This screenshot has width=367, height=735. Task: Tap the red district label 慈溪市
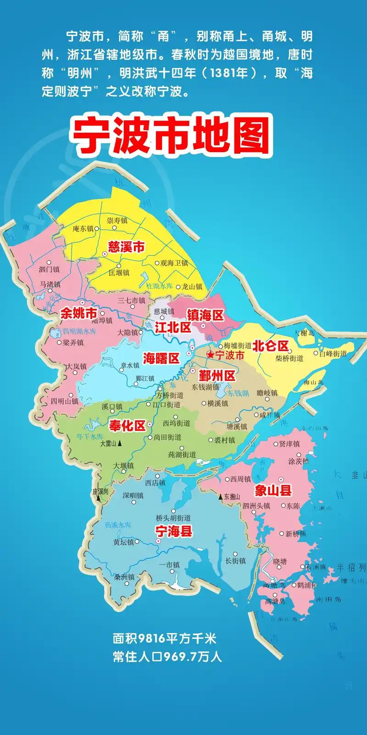coord(126,247)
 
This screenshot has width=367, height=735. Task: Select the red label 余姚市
coord(78,313)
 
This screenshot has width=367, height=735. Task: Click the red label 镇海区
coord(205,315)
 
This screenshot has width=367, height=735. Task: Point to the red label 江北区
coord(172,328)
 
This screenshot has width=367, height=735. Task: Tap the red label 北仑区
coord(271,345)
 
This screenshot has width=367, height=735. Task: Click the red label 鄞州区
coord(217,376)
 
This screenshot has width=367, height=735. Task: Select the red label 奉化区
coord(127,425)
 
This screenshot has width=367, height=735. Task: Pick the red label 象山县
coord(273,491)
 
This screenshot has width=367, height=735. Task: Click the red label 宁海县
coord(173,531)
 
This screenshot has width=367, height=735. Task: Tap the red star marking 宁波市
coord(210,355)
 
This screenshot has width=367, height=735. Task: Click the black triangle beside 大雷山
coord(120,444)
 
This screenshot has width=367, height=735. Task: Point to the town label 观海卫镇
coord(174,263)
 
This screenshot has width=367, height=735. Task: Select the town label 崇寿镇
coord(117,220)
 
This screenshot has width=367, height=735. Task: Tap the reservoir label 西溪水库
coord(118,525)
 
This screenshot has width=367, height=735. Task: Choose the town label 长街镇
coord(235,560)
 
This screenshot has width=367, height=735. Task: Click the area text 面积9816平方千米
coord(165,639)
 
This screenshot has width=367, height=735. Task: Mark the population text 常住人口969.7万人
coord(167,656)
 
